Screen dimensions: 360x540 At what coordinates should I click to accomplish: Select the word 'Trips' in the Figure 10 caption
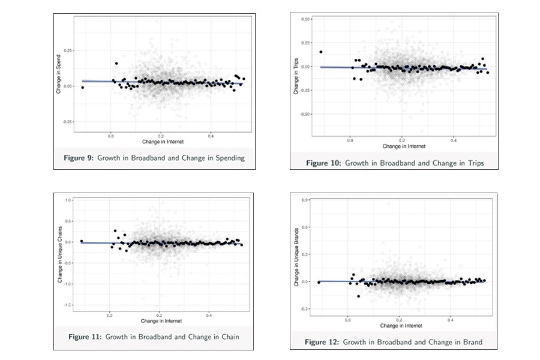click(x=470, y=163)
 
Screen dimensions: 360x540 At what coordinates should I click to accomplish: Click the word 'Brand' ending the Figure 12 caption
click(x=470, y=342)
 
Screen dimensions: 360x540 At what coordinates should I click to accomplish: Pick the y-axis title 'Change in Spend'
click(x=59, y=73)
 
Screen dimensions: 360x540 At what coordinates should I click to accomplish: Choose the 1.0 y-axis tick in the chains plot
click(x=69, y=200)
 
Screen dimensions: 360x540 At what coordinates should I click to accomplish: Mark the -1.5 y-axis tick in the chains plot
click(x=68, y=305)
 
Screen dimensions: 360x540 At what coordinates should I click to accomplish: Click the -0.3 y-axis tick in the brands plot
click(x=305, y=309)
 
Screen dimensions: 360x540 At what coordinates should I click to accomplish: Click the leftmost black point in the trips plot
click(x=321, y=52)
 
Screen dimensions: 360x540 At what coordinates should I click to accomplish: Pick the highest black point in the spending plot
click(x=116, y=64)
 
